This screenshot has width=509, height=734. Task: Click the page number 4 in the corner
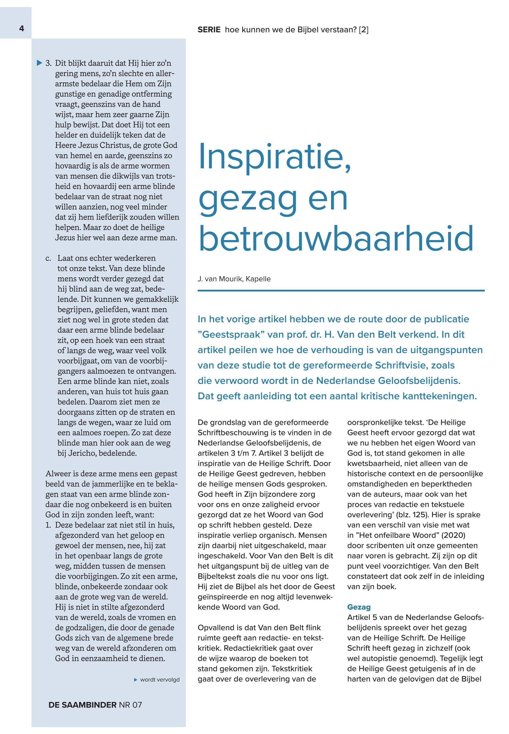[x=22, y=29]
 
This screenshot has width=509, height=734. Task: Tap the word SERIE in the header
[x=209, y=30]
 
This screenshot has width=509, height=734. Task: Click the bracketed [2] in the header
[x=364, y=30]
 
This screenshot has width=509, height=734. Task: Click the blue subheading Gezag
[x=359, y=607]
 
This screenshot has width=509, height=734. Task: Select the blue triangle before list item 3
[x=39, y=63]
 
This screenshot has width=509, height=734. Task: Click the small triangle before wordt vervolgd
[x=136, y=680]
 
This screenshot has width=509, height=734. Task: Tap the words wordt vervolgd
[x=160, y=680]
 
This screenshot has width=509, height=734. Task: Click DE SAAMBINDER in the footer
[x=82, y=705]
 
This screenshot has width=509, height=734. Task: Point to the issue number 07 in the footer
[x=137, y=705]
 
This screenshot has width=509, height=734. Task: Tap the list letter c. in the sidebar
[x=48, y=258]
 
